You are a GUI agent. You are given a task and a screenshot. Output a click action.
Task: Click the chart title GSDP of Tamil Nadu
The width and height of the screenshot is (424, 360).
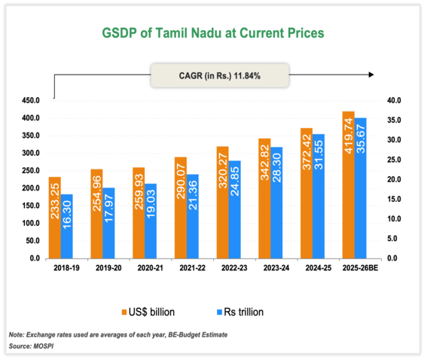click(x=214, y=34)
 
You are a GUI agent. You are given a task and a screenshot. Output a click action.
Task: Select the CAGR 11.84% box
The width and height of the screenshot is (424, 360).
click(x=214, y=75)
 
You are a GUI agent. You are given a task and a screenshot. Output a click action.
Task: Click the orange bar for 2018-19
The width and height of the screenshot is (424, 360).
click(x=55, y=218)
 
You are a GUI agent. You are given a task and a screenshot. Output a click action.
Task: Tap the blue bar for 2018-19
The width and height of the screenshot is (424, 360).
click(x=68, y=226)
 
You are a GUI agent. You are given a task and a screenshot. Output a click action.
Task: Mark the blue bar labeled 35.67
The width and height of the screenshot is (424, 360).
click(x=361, y=188)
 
